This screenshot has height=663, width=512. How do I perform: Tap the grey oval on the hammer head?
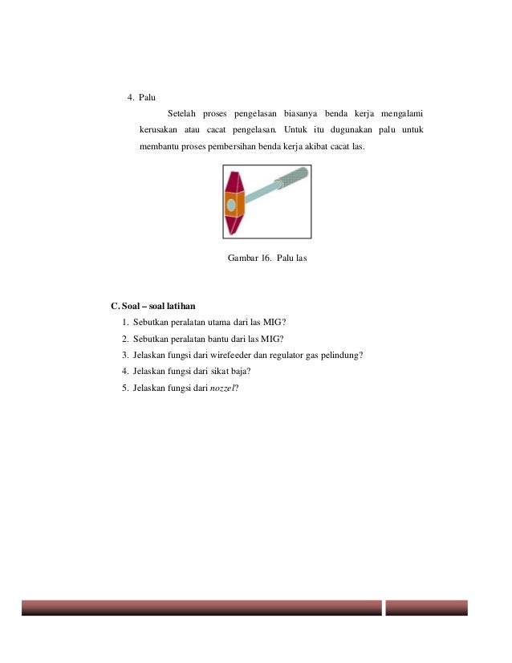(231, 205)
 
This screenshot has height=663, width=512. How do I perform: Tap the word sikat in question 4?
(212, 371)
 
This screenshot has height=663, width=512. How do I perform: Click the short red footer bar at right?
(426, 608)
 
